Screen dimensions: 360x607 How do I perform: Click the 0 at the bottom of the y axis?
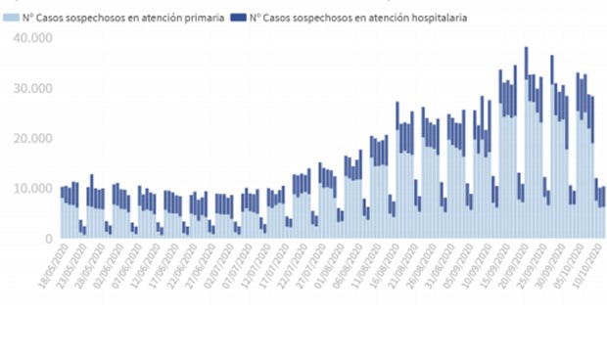pos(45,239)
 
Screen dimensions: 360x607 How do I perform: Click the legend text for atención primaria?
pos(127,18)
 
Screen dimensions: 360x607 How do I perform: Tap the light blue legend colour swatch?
pos(13,18)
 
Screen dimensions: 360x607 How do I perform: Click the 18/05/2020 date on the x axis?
pos(49,264)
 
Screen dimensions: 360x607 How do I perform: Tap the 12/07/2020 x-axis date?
pos(278,264)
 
